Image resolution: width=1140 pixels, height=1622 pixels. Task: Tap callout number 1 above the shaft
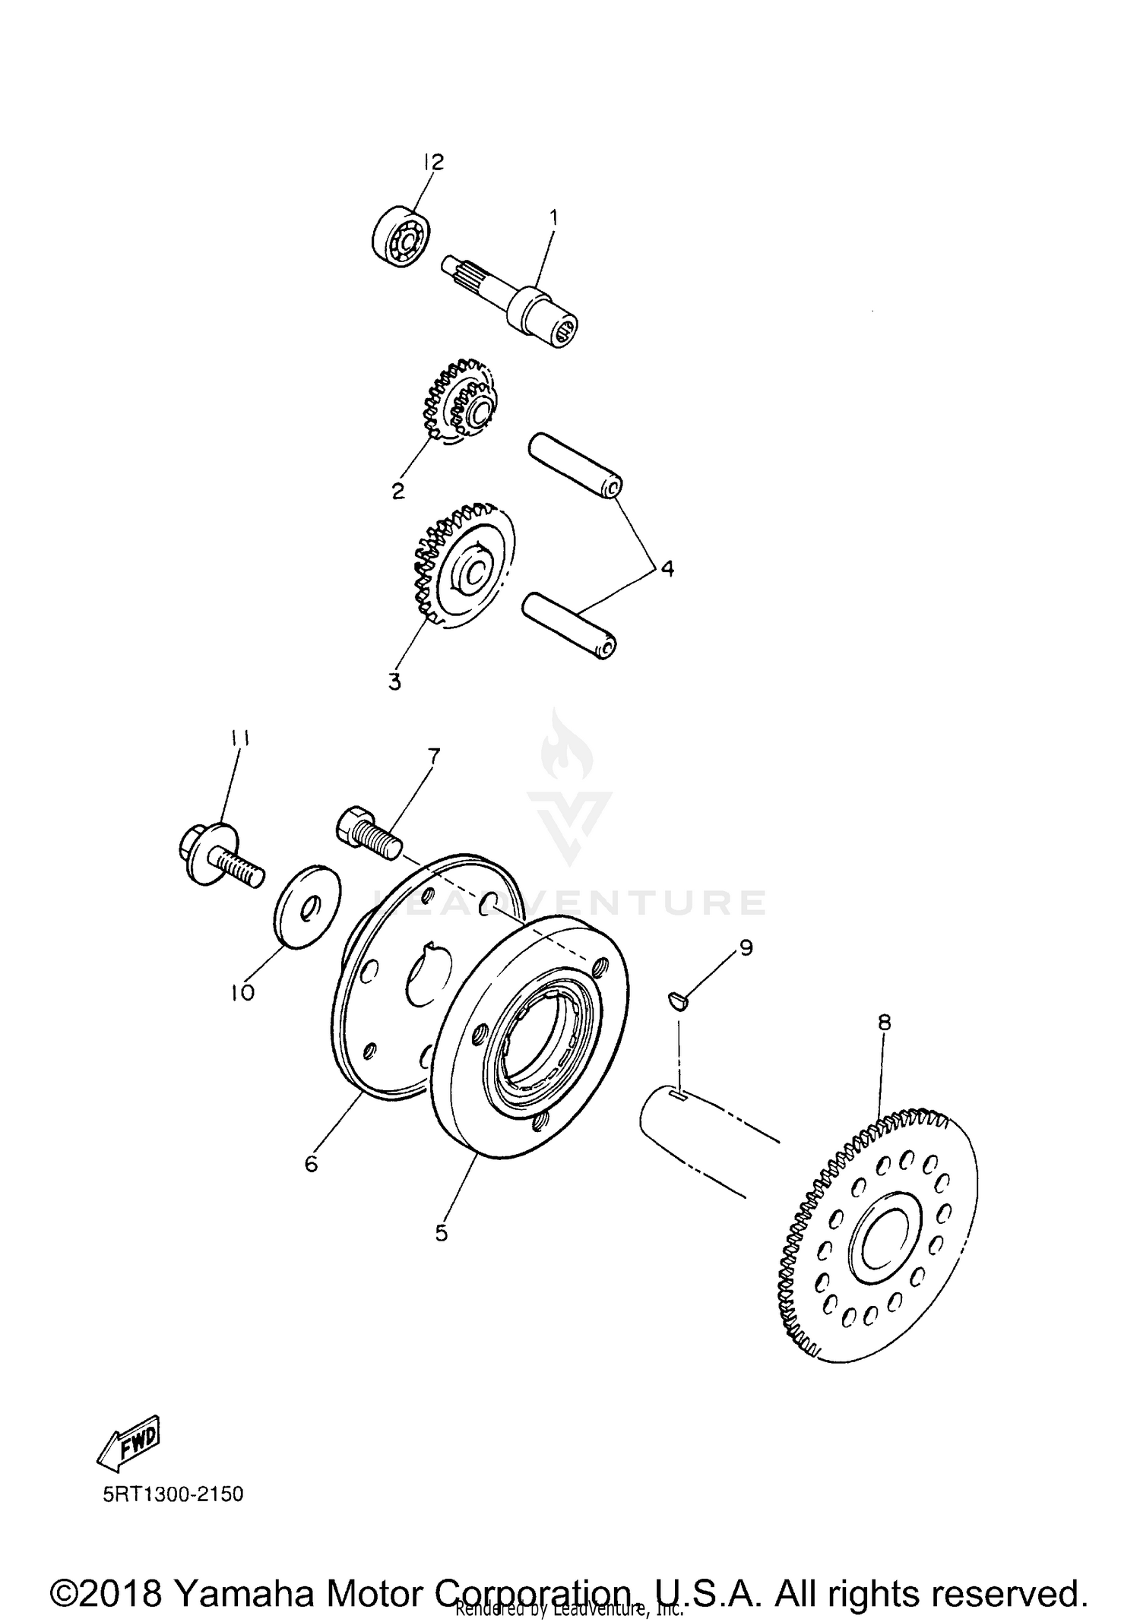click(554, 218)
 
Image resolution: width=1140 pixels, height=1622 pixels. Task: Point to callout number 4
click(667, 568)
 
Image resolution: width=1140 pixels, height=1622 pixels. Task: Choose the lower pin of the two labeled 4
click(568, 625)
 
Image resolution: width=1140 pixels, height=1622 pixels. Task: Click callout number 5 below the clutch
click(442, 1233)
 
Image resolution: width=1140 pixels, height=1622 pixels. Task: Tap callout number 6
click(311, 1163)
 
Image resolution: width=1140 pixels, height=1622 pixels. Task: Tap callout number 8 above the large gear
click(884, 1023)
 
